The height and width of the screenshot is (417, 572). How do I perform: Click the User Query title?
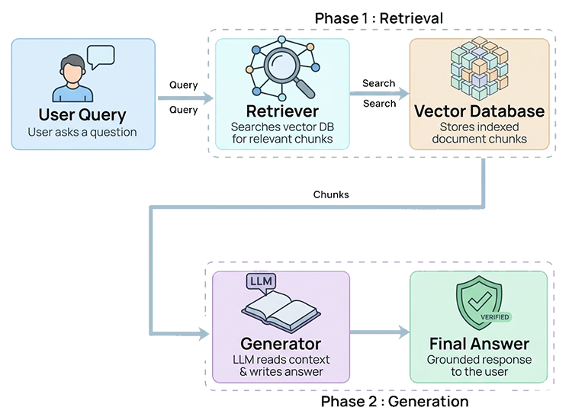pyautogui.click(x=82, y=115)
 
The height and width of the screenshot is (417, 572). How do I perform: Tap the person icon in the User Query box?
pyautogui.click(x=72, y=79)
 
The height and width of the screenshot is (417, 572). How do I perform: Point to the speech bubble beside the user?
pyautogui.click(x=101, y=56)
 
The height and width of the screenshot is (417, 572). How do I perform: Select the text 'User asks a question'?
pyautogui.click(x=82, y=133)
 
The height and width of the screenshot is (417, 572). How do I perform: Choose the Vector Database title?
pyautogui.click(x=480, y=111)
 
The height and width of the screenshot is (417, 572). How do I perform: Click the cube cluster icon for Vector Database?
pyautogui.click(x=479, y=69)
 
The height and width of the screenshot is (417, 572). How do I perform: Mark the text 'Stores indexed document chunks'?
pyautogui.click(x=480, y=133)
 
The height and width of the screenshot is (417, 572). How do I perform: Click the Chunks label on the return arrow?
pyautogui.click(x=332, y=195)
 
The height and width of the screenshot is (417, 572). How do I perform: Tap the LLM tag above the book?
pyautogui.click(x=261, y=283)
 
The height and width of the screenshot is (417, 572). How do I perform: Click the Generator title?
pyautogui.click(x=281, y=343)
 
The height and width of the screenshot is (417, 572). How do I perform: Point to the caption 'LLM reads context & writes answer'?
pyautogui.click(x=281, y=365)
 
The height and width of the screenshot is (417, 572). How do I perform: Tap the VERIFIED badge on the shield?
pyautogui.click(x=494, y=316)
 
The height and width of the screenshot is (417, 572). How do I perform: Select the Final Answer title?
pyautogui.click(x=480, y=343)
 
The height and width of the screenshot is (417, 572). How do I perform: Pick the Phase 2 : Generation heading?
pyautogui.click(x=394, y=402)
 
